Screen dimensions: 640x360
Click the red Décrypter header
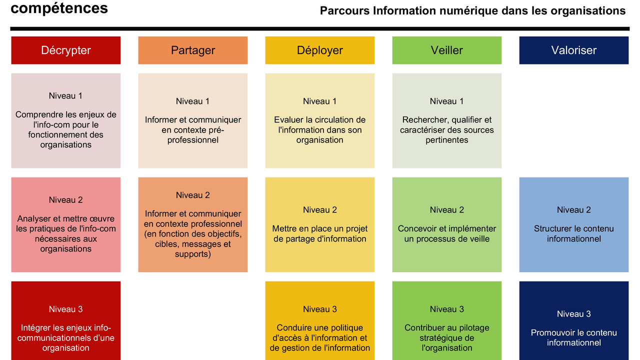coord(65,50)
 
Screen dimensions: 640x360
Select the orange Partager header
coord(193,50)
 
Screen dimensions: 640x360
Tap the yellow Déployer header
coord(319,50)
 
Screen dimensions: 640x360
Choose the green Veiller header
coord(447,50)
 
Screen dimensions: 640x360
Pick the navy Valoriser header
coord(574,50)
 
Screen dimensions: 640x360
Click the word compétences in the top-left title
coord(59,8)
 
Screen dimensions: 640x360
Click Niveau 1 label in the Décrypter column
coord(65,95)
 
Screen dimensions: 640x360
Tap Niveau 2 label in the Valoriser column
coord(574,209)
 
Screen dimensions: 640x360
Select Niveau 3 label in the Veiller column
coord(447,309)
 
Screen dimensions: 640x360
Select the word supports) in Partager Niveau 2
coord(193,254)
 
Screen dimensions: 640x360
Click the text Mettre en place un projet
coord(319,229)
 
